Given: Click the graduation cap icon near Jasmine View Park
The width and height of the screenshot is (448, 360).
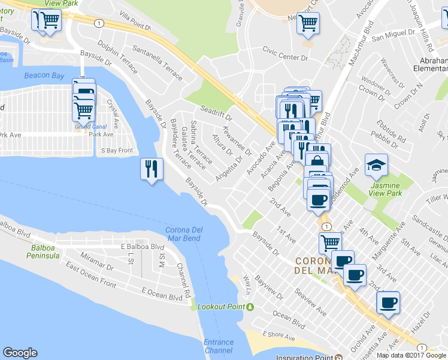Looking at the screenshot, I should pos(377,165).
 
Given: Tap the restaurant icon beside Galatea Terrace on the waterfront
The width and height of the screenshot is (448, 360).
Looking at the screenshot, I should pos(150,169).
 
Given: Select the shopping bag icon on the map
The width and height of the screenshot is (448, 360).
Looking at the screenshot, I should pos(317,161).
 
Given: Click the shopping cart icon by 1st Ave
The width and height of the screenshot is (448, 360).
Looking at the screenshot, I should pos(330,243).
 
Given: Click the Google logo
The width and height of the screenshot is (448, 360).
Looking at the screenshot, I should pos(20,353).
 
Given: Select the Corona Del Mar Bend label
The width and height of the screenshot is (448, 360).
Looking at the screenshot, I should pos(183,234).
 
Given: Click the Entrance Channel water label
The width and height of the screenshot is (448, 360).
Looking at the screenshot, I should pos(219,346).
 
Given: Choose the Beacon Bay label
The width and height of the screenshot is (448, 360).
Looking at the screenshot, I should pos(43,75).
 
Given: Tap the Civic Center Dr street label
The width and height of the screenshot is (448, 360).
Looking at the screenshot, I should pos(287,59).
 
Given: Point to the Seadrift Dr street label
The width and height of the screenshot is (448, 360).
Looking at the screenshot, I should pos(216,111).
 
